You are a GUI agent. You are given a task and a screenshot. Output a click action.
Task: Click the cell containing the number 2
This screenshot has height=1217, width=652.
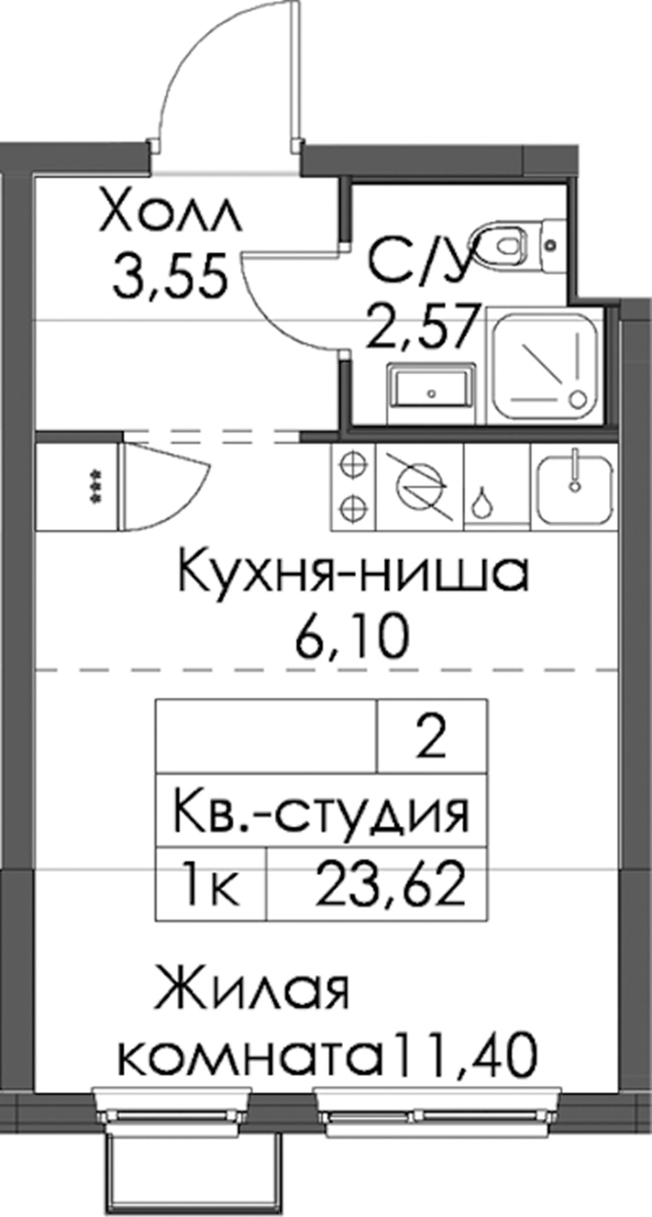[x=432, y=737]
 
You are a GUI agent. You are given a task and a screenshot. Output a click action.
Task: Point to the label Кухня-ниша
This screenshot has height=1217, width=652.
[x=353, y=573]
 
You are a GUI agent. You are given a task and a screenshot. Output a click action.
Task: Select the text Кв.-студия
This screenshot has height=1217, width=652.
[x=321, y=813]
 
